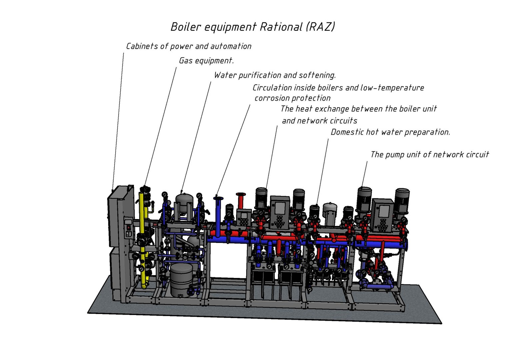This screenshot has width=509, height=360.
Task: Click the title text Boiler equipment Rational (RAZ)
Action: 253,27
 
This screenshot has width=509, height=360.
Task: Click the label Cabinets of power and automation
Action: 189,46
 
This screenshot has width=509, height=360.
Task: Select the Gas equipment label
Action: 206,61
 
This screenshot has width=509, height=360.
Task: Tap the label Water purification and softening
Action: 274,75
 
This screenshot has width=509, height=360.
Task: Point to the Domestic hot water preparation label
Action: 390,132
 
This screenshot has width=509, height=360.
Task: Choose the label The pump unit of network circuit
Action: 429,155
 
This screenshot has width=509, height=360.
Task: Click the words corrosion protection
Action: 292,98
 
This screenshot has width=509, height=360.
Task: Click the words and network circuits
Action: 319,121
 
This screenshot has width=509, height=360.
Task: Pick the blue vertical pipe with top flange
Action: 219,217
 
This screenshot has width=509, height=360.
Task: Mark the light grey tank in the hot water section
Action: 330,213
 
